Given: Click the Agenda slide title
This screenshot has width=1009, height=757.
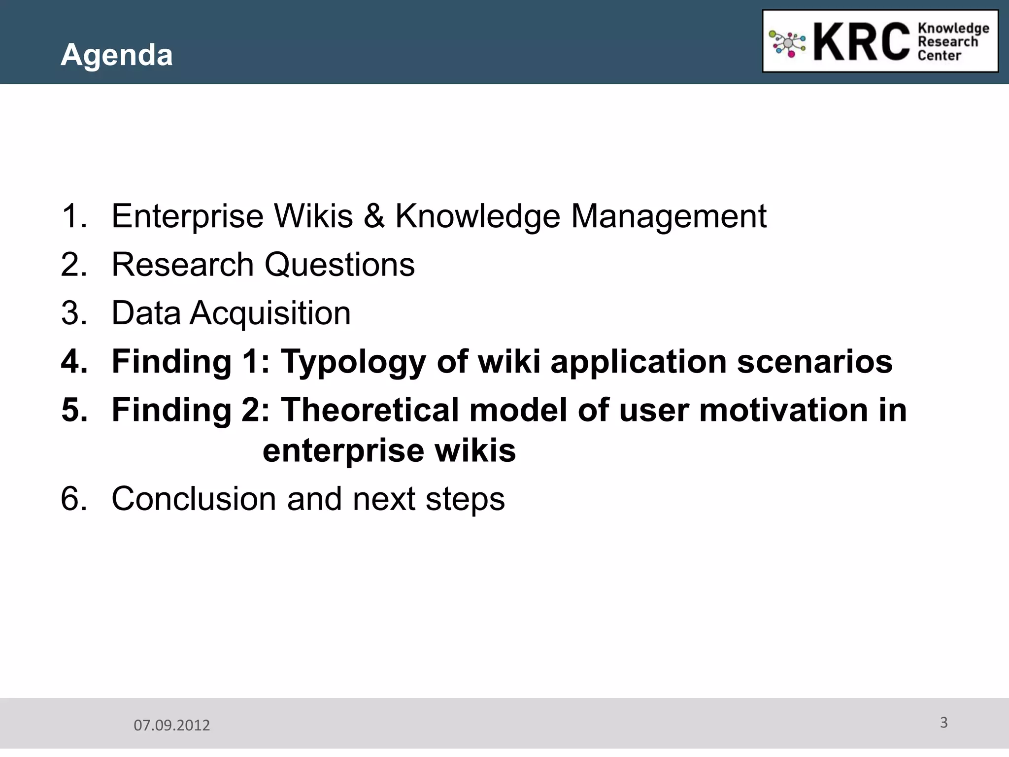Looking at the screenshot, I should [x=117, y=55].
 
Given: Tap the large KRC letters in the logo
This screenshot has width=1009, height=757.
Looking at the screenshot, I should [x=861, y=42].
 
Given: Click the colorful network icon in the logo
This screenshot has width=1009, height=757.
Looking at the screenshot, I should [x=787, y=44].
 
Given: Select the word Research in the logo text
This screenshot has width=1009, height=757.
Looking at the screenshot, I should [x=947, y=42].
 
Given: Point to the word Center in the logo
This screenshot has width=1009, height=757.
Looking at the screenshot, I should [x=939, y=56].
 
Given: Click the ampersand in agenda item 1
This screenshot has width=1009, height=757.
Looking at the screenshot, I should [x=374, y=216].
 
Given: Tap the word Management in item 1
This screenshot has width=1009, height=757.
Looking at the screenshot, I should [x=669, y=217].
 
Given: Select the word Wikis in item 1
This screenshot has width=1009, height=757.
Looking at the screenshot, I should [x=313, y=216].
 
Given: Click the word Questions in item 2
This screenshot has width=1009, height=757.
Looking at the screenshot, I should [x=339, y=265].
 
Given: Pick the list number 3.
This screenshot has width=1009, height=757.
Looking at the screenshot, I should [x=74, y=313].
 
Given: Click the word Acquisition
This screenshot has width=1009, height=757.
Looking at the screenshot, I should [x=270, y=314].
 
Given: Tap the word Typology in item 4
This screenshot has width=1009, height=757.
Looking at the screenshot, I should [x=353, y=362].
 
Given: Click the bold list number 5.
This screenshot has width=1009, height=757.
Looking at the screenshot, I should [x=74, y=410].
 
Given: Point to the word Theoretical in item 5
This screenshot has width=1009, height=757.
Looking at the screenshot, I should [x=370, y=410].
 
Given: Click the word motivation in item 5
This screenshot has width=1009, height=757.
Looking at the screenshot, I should [x=783, y=410].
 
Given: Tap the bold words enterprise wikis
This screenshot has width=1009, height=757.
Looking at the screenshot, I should [x=389, y=451].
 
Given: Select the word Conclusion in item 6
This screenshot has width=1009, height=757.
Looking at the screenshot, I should [x=194, y=499].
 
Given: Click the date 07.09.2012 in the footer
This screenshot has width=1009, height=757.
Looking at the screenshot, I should [x=172, y=725].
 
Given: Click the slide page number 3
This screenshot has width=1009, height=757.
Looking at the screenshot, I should [x=943, y=723].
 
